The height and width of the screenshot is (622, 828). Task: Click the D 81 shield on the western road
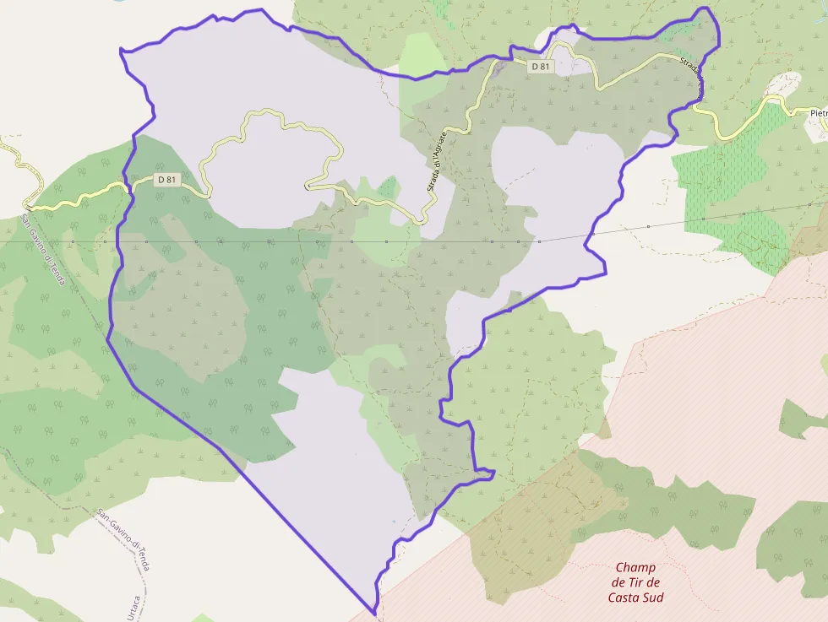[x=166, y=180]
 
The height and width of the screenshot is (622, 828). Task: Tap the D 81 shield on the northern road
[x=542, y=66]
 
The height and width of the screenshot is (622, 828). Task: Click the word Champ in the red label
[x=635, y=567]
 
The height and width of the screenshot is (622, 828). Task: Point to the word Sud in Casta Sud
[x=651, y=598]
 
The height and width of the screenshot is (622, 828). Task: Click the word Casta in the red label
[x=624, y=598]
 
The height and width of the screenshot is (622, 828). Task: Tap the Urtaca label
[x=132, y=612]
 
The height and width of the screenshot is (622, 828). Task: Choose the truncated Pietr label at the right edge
[x=818, y=112]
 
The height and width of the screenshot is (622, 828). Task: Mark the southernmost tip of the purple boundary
[x=374, y=613]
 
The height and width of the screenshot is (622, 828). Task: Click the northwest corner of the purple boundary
[x=122, y=50]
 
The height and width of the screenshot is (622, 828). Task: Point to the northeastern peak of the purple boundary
[x=706, y=8]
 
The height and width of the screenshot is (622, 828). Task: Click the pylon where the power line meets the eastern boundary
[x=593, y=234]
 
